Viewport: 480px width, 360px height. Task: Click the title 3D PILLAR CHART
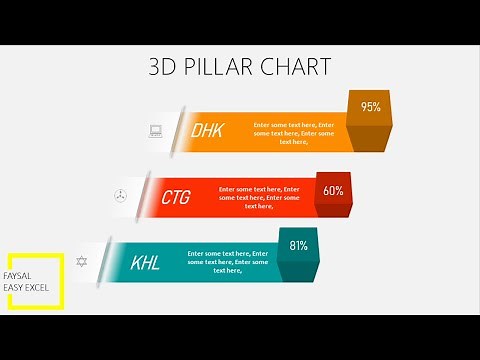pos(240,67)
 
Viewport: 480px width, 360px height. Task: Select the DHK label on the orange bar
pos(207,130)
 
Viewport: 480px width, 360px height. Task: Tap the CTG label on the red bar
pos(175,197)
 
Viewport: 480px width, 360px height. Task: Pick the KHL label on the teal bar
pos(145,264)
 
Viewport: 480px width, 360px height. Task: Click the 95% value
pos(370,107)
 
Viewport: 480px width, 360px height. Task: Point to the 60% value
pos(333,190)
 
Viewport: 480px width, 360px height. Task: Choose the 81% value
pos(298,245)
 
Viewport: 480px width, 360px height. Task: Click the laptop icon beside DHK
pos(155,129)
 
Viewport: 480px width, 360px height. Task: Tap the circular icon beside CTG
pos(120,195)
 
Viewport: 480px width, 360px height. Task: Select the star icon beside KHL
pos(82,261)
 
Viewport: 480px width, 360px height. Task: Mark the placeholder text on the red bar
pos(259,197)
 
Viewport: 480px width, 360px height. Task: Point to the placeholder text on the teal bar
pos(227,262)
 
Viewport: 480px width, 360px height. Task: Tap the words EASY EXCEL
pos(27,288)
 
